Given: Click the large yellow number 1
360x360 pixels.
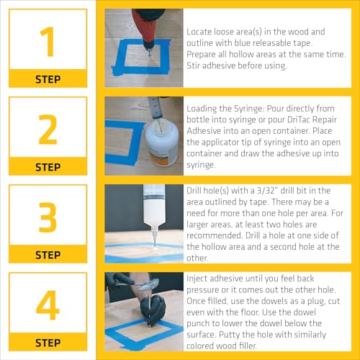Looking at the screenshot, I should [48, 41].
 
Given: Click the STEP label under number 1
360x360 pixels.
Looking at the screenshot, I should [48, 79].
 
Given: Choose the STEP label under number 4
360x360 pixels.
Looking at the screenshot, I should [48, 343].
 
